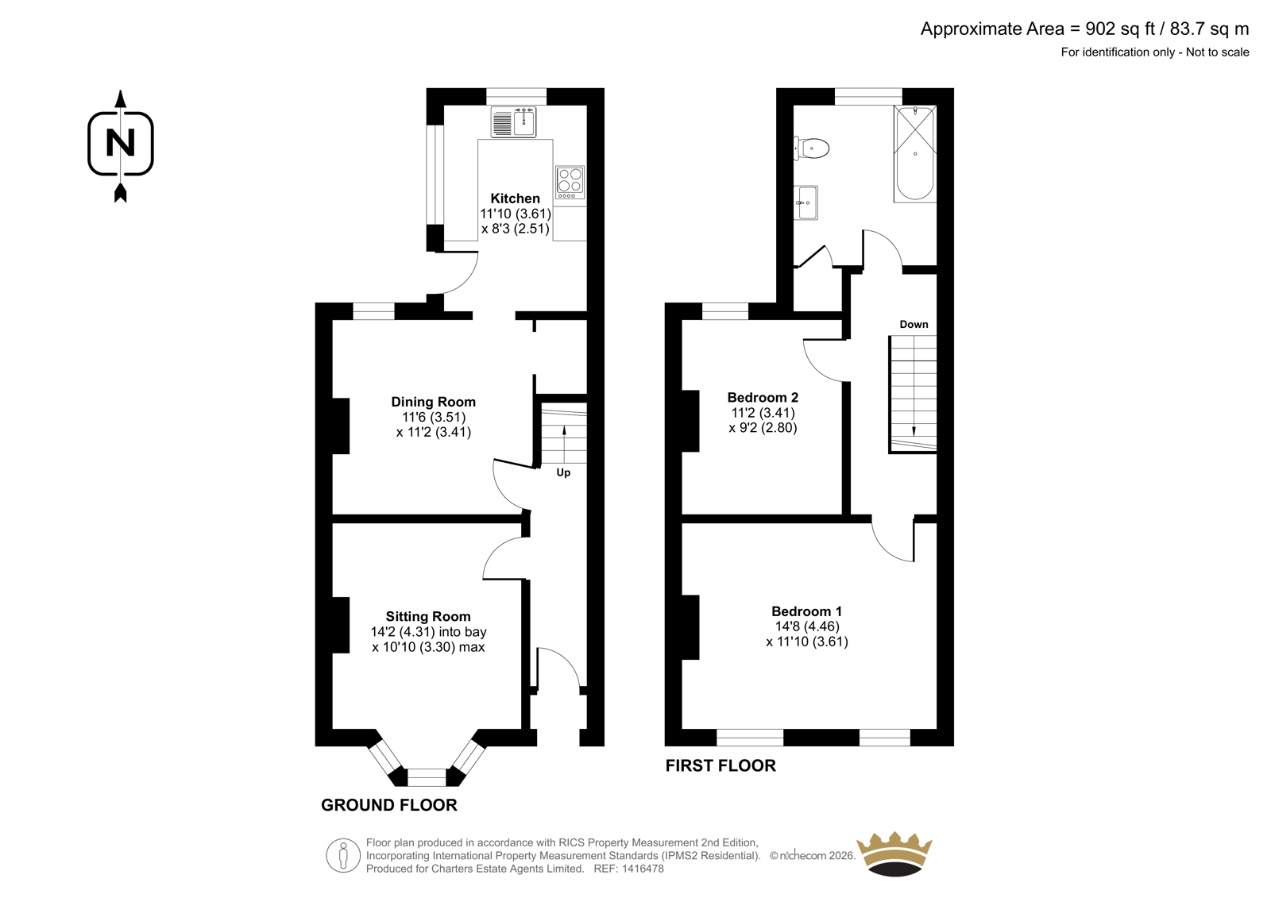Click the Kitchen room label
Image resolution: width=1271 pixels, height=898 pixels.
coord(515,198)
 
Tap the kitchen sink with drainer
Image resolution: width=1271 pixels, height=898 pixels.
coord(513,122)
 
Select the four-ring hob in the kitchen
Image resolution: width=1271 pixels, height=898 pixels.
coord(570,182)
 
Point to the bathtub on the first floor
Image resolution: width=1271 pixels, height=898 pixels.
coord(915,153)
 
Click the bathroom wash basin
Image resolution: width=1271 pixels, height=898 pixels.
coord(805,202)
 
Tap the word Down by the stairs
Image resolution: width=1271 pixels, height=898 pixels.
coord(914,325)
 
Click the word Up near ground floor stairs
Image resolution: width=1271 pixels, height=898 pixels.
coord(563,472)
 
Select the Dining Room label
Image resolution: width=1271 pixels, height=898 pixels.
coord(434,403)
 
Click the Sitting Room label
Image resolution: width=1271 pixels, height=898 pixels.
coord(428,617)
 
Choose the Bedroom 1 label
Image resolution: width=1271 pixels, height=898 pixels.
coord(806,611)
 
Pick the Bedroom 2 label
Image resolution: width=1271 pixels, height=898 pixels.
coord(763,397)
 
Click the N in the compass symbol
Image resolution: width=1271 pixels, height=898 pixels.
coord(120,143)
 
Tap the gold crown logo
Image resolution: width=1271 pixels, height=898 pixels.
coord(894,854)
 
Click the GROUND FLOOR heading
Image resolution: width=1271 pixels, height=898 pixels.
coord(389,805)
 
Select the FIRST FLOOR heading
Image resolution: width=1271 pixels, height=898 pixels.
coord(720,766)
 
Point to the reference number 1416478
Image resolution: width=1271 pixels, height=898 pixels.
coord(642,869)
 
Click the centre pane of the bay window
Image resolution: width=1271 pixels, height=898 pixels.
coord(427,777)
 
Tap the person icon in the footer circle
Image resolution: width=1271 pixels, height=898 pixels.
coord(342,855)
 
